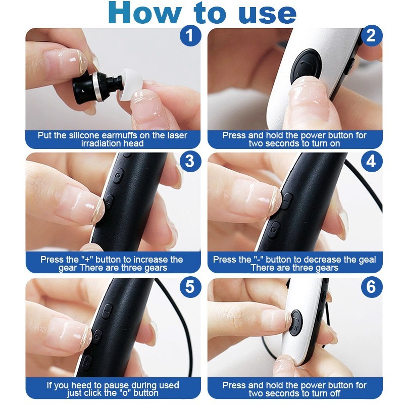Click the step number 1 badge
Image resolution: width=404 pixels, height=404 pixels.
189,36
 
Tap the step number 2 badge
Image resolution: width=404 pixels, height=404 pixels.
371,36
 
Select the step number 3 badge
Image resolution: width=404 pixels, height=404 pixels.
189,161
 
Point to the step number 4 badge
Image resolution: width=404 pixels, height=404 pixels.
371,161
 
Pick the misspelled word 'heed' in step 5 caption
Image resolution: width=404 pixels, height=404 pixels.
74,385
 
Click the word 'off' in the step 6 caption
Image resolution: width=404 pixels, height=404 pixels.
334,393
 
